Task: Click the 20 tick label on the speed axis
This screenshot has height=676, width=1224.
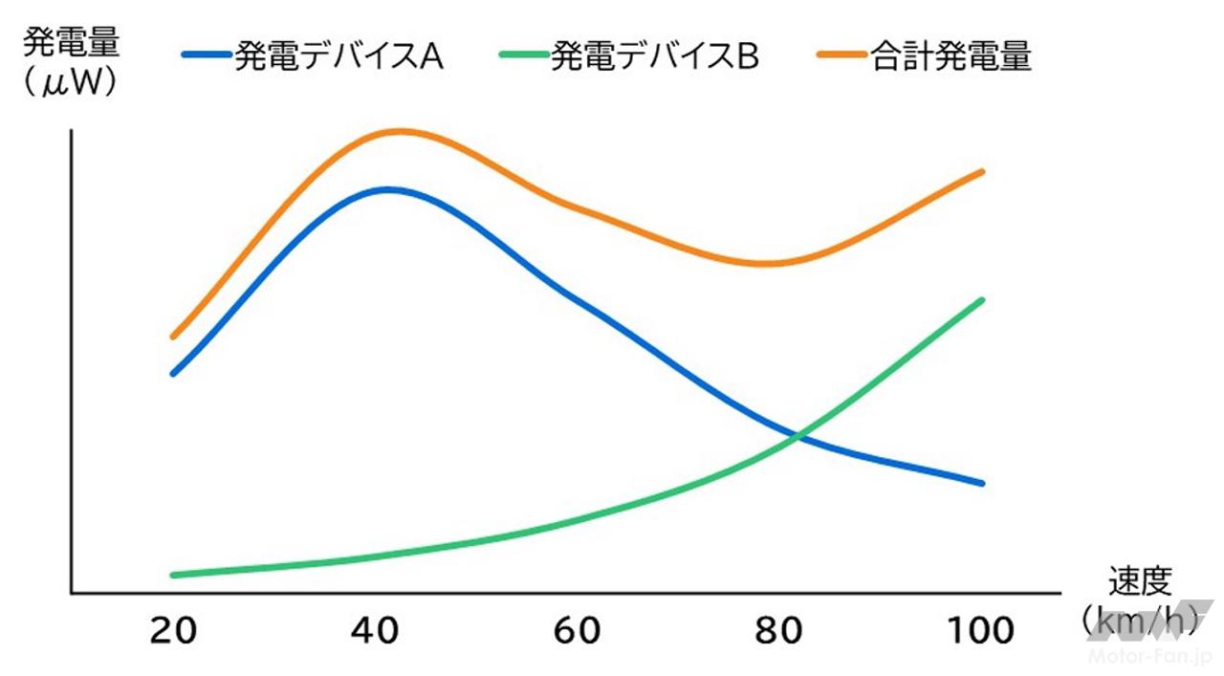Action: pyautogui.click(x=173, y=631)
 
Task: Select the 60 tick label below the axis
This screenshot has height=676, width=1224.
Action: pyautogui.click(x=577, y=631)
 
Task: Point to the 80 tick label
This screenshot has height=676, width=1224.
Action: pyautogui.click(x=780, y=631)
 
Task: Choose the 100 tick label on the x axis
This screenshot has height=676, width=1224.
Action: pyautogui.click(x=980, y=631)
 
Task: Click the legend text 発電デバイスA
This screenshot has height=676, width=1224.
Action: pyautogui.click(x=339, y=56)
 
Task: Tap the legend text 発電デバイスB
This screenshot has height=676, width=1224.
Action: pyautogui.click(x=654, y=56)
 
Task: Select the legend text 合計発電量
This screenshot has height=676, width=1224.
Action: pyautogui.click(x=951, y=56)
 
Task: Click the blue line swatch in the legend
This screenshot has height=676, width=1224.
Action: pyautogui.click(x=206, y=56)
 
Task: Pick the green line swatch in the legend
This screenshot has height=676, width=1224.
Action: pyautogui.click(x=524, y=56)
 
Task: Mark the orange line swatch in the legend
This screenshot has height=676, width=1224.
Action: pyautogui.click(x=842, y=56)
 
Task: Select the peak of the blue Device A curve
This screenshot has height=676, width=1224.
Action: pyautogui.click(x=387, y=188)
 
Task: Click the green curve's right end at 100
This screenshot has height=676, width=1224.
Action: pyautogui.click(x=982, y=299)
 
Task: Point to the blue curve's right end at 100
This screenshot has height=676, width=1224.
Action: pyautogui.click(x=982, y=483)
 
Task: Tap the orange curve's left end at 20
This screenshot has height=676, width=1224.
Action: pyautogui.click(x=173, y=337)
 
